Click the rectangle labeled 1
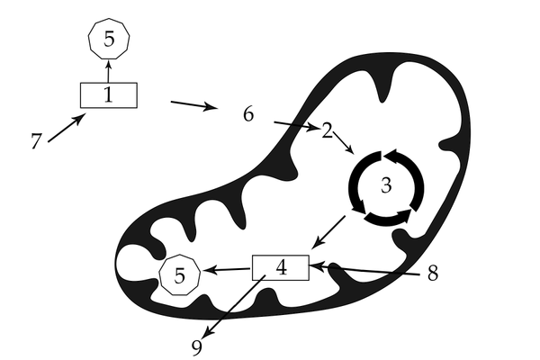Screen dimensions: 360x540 pyautogui.click(x=109, y=94)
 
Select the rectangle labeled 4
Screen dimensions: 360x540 pyautogui.click(x=280, y=268)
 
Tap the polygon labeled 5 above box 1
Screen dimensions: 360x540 pyautogui.click(x=109, y=40)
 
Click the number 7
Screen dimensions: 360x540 pyautogui.click(x=36, y=142)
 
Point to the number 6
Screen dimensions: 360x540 pyautogui.click(x=248, y=114)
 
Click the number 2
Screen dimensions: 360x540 pyautogui.click(x=327, y=130)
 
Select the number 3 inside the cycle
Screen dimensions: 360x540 pyautogui.click(x=386, y=186)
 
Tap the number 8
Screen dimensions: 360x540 pyautogui.click(x=433, y=274)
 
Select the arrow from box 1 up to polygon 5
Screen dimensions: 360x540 pyautogui.click(x=109, y=71)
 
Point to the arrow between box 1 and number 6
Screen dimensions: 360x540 pyautogui.click(x=193, y=106)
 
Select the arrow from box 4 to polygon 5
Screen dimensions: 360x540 pyautogui.click(x=226, y=269)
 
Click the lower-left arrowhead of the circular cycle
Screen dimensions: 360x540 pyautogui.click(x=358, y=207)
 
